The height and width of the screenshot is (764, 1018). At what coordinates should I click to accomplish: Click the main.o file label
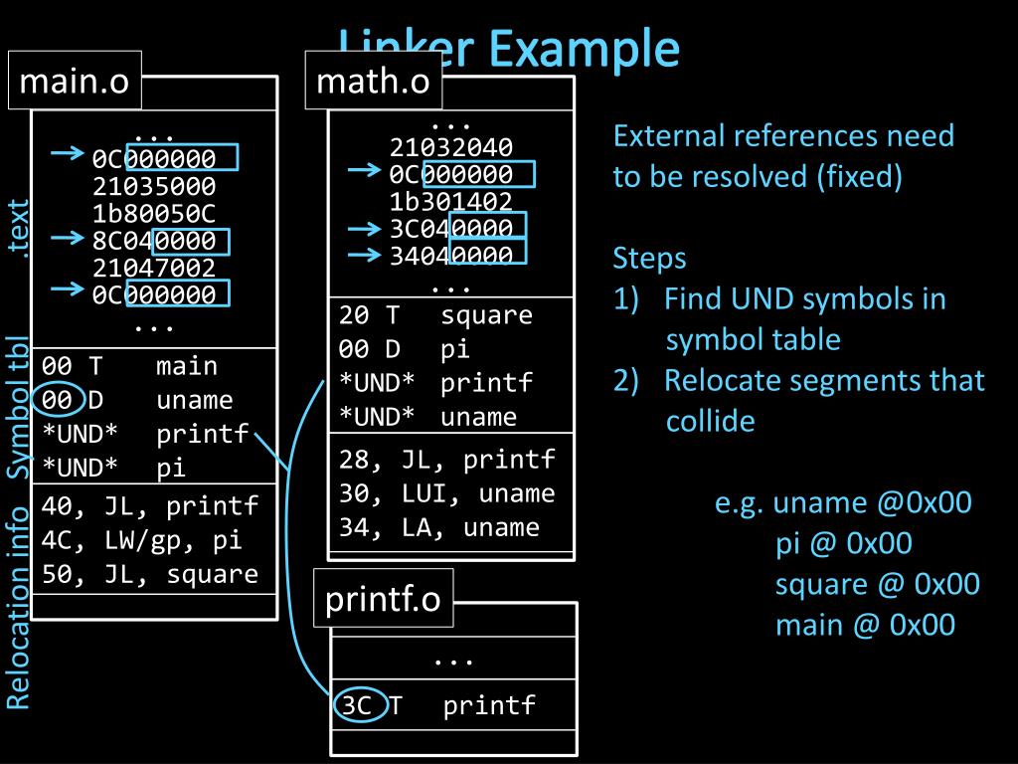point(75,81)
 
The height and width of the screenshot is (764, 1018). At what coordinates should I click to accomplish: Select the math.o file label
point(373,81)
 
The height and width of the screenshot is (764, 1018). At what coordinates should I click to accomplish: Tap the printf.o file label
point(384,599)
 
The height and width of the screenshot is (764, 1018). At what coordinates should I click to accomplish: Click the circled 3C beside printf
point(358,706)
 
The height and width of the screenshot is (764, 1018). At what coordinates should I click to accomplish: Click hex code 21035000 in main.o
point(153,186)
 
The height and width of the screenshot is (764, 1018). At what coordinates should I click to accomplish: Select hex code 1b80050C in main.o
point(153,213)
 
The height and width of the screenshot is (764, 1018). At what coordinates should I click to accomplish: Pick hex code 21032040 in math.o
point(451,149)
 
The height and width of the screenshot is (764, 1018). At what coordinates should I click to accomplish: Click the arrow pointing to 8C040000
point(67,239)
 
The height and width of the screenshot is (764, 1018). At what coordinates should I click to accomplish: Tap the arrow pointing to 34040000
point(365,254)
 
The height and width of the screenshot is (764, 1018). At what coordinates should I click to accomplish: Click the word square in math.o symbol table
point(487,316)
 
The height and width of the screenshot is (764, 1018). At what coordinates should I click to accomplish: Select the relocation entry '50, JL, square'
point(150,575)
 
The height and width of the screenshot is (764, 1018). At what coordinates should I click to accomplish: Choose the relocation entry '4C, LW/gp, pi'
point(142,541)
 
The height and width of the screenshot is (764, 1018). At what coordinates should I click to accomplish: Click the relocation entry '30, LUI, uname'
point(447,493)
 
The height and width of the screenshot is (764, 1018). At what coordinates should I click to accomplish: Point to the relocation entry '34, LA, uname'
point(439,527)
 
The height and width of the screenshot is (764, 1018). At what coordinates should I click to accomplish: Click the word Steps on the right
point(649,259)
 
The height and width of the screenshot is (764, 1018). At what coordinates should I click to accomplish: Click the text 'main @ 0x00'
point(865,624)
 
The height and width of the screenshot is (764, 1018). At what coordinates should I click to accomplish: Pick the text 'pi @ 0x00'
point(844,543)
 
